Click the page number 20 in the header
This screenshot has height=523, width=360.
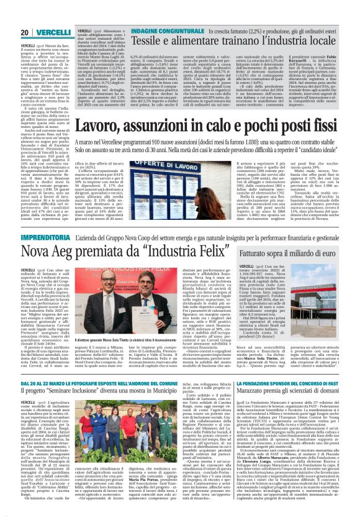point(25,32)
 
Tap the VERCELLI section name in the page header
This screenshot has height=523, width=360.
point(53,32)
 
